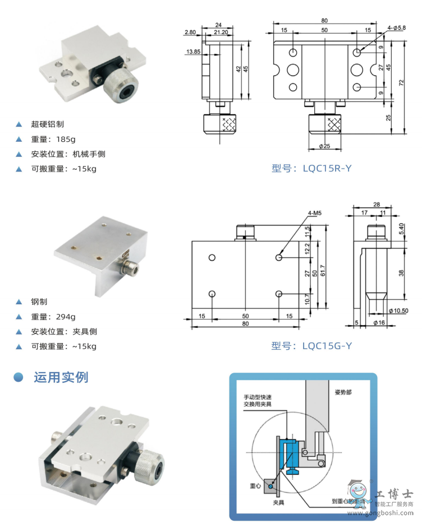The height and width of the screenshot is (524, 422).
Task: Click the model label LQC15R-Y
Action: (311, 168)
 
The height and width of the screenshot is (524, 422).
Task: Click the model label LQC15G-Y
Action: (311, 346)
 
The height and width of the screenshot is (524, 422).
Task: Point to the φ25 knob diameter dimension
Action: (324, 146)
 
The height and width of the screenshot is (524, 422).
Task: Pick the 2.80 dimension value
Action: (189, 33)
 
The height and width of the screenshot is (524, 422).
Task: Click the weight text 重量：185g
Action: (53, 139)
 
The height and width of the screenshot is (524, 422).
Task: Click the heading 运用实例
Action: (61, 377)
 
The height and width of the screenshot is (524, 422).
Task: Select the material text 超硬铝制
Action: (48, 124)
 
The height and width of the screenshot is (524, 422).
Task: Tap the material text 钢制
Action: (39, 302)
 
